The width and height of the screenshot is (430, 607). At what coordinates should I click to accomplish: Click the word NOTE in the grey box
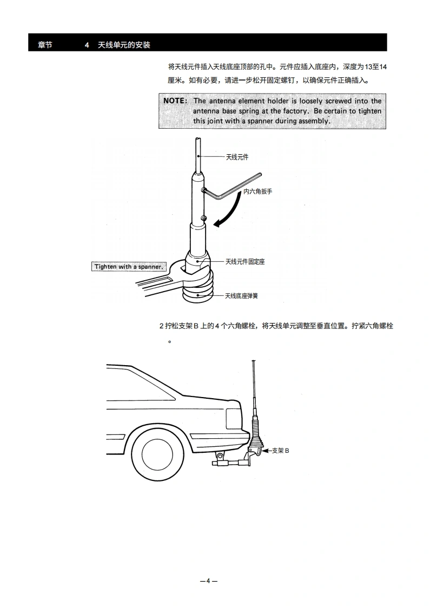click(x=175, y=101)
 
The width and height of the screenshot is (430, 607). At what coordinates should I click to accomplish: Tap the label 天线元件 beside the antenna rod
click(x=237, y=157)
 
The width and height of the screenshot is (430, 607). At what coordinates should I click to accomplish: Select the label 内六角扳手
click(x=257, y=192)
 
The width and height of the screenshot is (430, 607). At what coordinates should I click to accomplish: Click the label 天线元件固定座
click(x=244, y=261)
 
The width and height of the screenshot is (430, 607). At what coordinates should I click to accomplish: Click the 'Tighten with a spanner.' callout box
click(x=129, y=267)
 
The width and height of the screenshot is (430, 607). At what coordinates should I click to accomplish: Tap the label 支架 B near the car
click(x=280, y=450)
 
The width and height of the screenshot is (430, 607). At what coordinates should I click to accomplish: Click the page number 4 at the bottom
click(x=208, y=581)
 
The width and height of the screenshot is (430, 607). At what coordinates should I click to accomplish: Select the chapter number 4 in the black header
click(x=87, y=45)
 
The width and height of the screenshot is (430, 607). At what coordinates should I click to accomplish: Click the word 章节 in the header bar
click(x=45, y=45)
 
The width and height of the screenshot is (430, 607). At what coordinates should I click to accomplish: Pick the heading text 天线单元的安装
click(x=124, y=45)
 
